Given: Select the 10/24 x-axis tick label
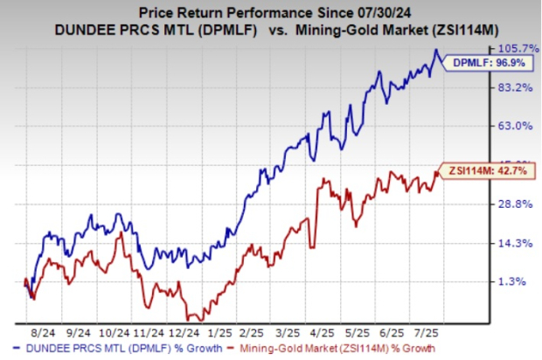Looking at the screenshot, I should pyautogui.click(x=117, y=333).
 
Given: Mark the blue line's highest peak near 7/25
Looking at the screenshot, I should pyautogui.click(x=437, y=51).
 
